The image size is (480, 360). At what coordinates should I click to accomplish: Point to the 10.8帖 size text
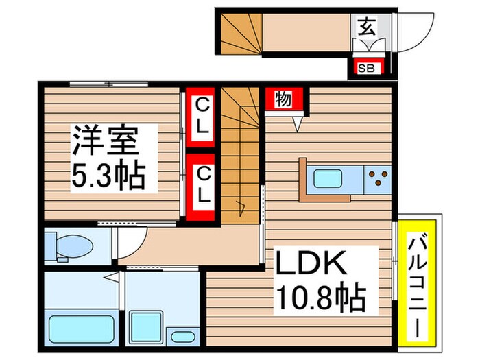pyautogui.click(x=320, y=298)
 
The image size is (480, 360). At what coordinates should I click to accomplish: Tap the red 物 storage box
pyautogui.click(x=284, y=99)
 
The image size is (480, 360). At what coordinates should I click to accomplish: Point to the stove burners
pyautogui.click(x=377, y=180)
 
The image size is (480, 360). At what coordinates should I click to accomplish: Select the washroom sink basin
pyautogui.click(x=180, y=337)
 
